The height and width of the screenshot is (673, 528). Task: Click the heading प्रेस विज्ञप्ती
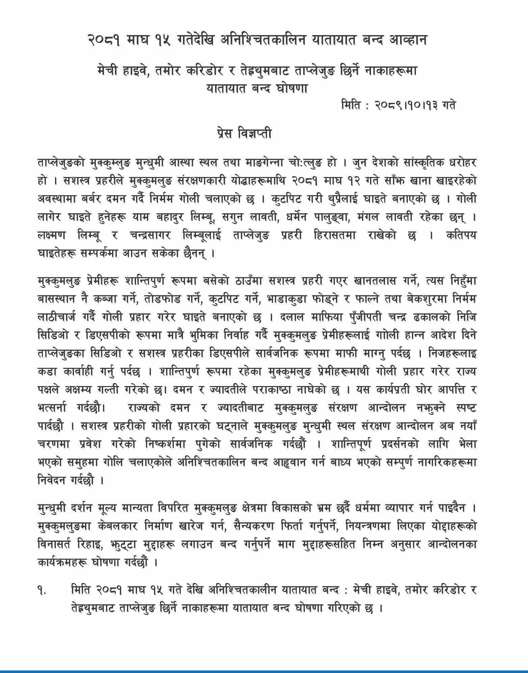[x=243, y=134]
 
